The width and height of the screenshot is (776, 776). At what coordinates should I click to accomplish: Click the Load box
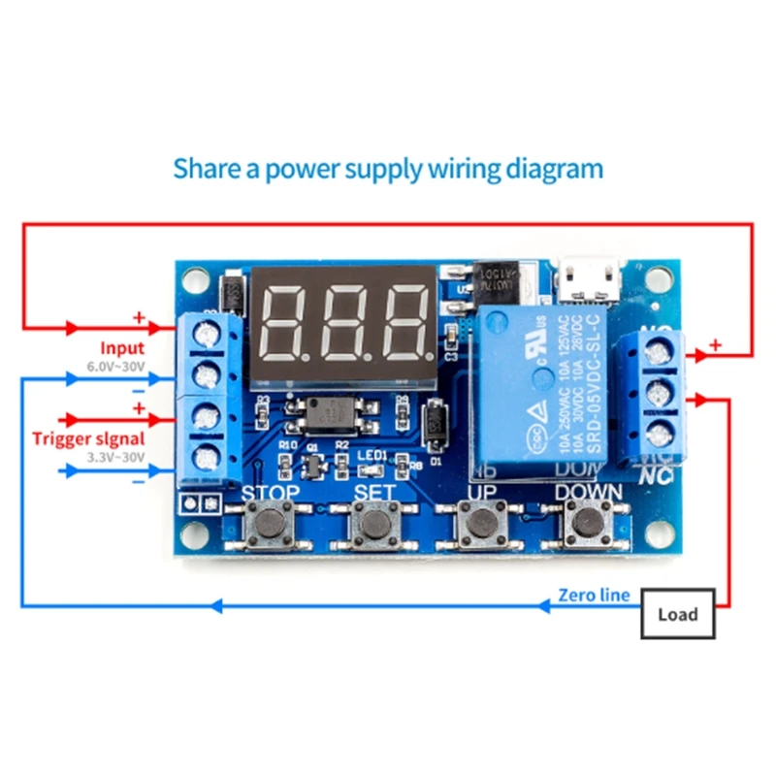[x=677, y=614]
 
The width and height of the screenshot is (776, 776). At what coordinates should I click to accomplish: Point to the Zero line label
[x=594, y=595]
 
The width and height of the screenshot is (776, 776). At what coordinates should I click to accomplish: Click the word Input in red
[x=122, y=347]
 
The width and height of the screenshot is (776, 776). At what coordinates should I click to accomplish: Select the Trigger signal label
[x=86, y=437]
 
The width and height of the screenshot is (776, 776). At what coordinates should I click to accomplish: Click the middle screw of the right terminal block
[x=660, y=393]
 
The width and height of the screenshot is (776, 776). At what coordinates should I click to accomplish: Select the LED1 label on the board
[x=373, y=455]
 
